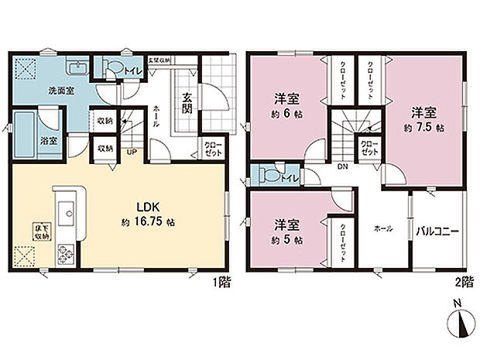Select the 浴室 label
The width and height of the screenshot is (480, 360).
click(45, 141)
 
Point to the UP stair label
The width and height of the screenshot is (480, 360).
click(132, 153)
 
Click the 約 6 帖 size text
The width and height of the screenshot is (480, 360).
click(286, 114)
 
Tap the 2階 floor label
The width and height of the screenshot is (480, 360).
click(462, 284)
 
